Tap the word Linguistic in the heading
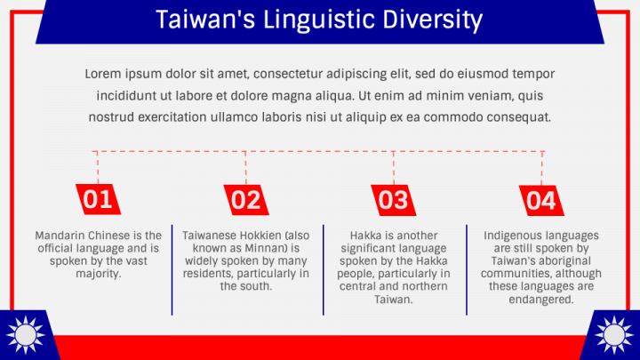[316, 20]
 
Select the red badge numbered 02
[246, 200]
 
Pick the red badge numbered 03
[393, 200]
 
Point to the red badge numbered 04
[540, 200]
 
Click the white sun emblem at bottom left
[24, 335]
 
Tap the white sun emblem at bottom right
[614, 335]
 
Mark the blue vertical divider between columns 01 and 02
[172, 269]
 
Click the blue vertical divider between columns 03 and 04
[467, 269]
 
